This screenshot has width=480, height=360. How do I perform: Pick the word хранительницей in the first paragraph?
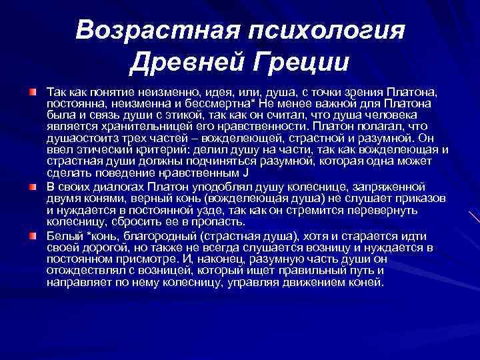(127, 125)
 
